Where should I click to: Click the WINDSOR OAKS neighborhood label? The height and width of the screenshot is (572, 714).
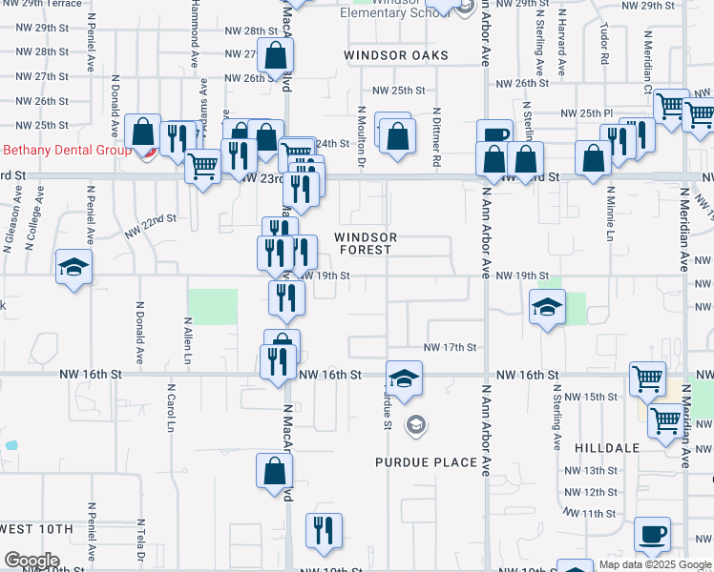[396, 55]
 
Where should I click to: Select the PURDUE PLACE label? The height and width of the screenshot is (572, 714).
[426, 462]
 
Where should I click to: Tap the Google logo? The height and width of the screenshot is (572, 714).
[31, 561]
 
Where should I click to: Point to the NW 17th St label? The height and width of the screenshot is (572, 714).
[449, 348]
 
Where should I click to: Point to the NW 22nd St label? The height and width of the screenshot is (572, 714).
[151, 225]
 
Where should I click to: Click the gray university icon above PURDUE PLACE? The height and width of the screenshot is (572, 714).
[414, 424]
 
